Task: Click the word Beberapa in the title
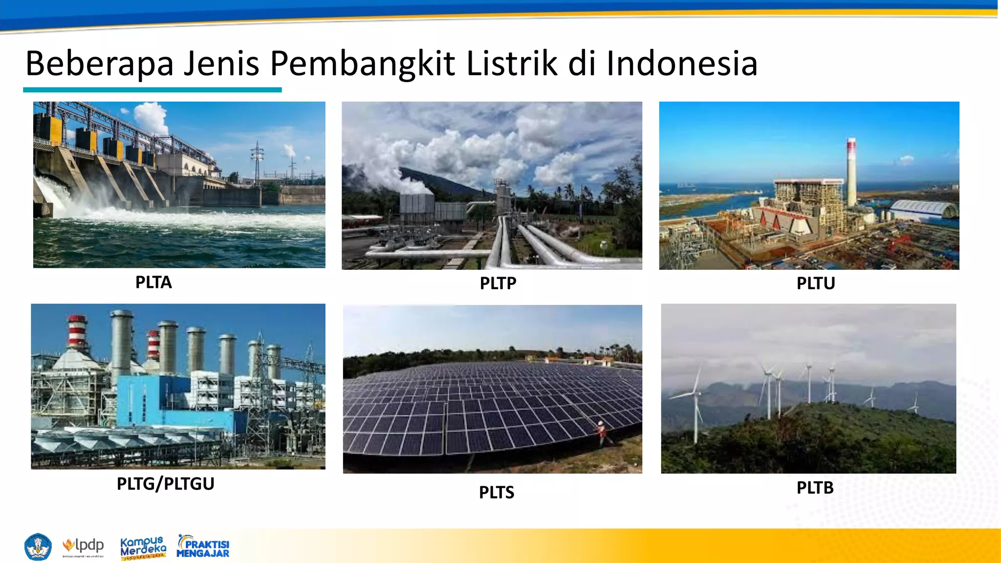(100, 64)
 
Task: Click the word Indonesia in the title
(682, 64)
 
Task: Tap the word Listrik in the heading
(512, 64)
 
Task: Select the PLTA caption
(153, 282)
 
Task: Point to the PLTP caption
(498, 283)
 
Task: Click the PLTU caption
(815, 283)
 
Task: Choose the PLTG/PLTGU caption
(165, 484)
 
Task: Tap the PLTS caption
(496, 493)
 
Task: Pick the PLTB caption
(815, 488)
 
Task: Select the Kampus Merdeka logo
(143, 548)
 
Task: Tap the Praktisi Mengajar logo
(203, 547)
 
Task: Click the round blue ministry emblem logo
(38, 547)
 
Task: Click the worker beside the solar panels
(602, 432)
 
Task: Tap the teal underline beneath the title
(152, 90)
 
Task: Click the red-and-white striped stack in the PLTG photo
(77, 332)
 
